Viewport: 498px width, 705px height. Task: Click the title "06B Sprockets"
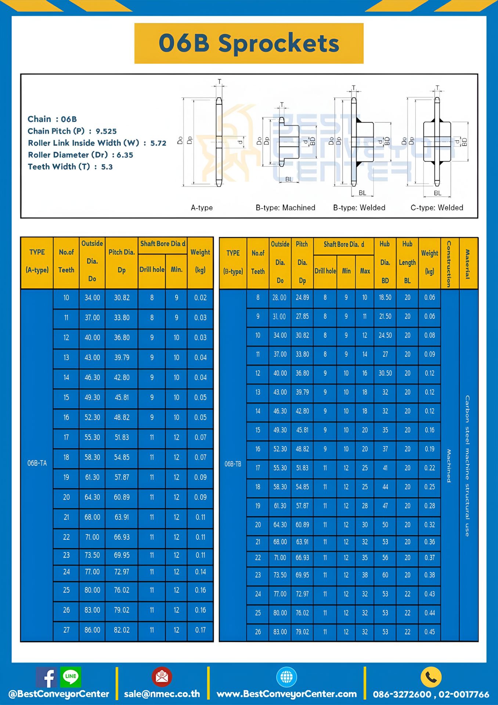[249, 43]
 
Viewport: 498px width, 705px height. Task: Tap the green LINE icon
[71, 676]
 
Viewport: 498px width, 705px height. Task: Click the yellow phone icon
[431, 677]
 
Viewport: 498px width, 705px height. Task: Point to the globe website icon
[286, 677]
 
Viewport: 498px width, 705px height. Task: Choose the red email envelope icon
[162, 677]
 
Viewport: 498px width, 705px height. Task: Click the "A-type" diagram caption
[202, 208]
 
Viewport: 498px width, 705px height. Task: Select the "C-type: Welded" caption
[437, 208]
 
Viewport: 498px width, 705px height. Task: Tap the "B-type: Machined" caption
[285, 208]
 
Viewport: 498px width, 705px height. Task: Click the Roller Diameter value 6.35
[125, 155]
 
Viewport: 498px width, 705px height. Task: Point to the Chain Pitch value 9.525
[106, 131]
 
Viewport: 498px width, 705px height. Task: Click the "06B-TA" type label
[37, 463]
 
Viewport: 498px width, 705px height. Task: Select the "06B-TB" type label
[233, 464]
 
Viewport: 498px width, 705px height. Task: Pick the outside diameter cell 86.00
[92, 630]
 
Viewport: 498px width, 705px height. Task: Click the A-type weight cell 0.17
[201, 630]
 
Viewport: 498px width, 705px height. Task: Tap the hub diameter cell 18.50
[385, 297]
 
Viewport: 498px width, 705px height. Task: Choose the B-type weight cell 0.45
[429, 632]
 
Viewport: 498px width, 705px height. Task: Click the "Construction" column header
[449, 264]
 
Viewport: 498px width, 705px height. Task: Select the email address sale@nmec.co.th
[162, 694]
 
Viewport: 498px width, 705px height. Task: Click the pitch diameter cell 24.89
[302, 297]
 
